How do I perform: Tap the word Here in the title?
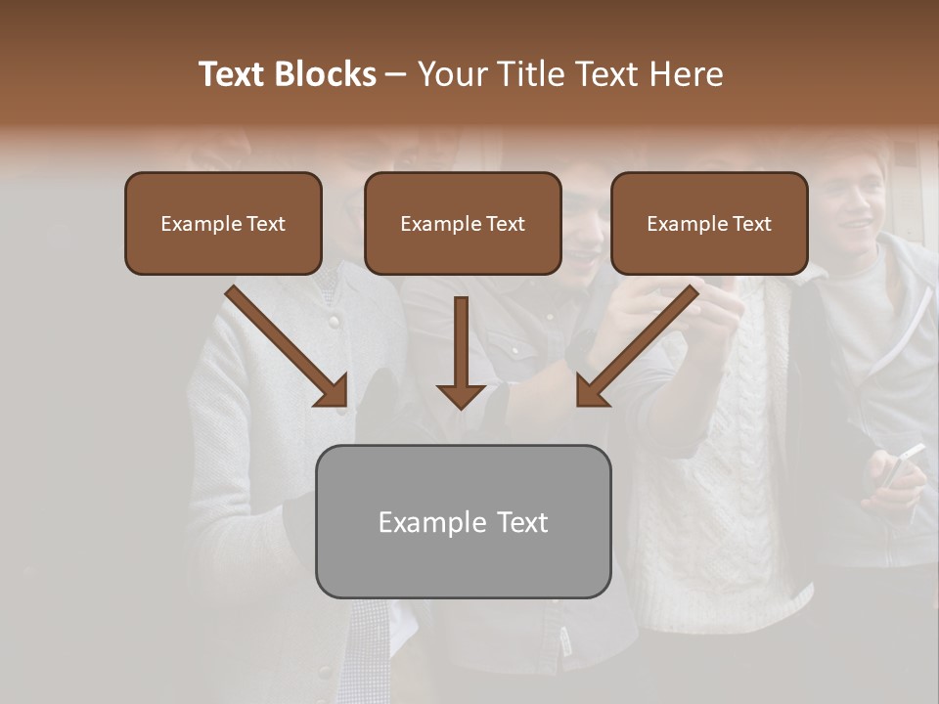point(685,74)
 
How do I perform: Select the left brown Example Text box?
point(223,223)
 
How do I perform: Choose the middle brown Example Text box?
point(463,223)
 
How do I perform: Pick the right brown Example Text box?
point(709,223)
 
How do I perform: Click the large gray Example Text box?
point(463,521)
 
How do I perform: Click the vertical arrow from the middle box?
point(461,342)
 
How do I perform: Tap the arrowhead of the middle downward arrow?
point(461,395)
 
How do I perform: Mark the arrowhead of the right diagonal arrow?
point(591,391)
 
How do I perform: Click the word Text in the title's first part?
point(232,74)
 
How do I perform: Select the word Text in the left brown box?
point(266,224)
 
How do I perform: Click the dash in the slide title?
point(396,74)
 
